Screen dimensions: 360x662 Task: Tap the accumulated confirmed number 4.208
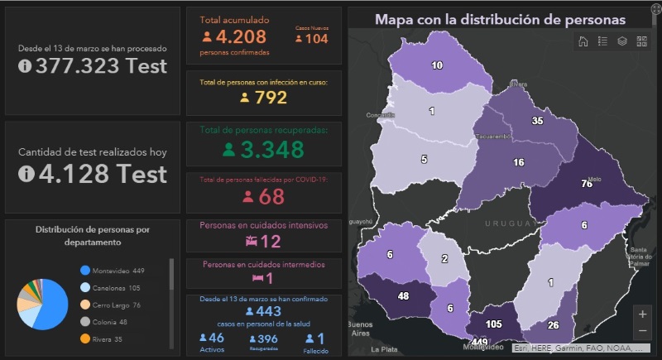point(241,37)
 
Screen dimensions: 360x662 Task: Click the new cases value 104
point(316,39)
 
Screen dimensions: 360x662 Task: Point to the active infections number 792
point(271,98)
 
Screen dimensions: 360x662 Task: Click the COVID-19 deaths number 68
point(271,196)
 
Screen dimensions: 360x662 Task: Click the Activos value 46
point(216,338)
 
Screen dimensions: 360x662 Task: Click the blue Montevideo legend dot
point(85,271)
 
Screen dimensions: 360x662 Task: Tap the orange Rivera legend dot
point(85,338)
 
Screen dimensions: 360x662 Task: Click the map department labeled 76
point(586,184)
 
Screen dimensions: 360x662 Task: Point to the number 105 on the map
point(494,324)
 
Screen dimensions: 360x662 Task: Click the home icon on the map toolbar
point(583,41)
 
